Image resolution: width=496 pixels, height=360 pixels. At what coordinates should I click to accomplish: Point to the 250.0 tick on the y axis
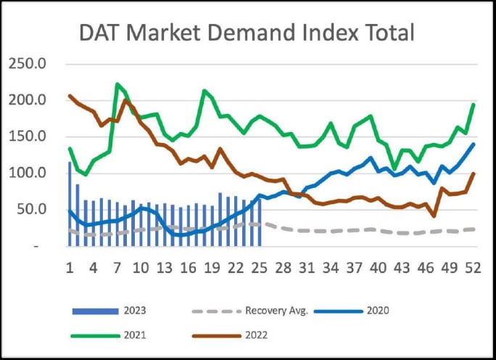click(x=28, y=64)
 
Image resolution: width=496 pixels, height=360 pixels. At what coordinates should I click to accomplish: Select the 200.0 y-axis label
click(x=28, y=100)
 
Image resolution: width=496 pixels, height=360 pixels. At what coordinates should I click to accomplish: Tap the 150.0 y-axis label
click(x=28, y=136)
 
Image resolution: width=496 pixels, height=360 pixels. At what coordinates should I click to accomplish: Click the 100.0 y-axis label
click(x=28, y=173)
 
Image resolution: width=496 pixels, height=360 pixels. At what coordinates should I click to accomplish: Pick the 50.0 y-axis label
click(x=30, y=210)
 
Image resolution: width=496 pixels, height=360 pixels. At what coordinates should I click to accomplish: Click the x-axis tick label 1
click(x=70, y=267)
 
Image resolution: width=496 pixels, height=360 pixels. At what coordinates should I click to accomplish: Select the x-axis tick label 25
click(x=259, y=267)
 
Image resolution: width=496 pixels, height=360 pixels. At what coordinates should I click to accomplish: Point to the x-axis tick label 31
click(x=307, y=267)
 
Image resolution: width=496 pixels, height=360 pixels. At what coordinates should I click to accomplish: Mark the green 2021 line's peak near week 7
click(x=117, y=84)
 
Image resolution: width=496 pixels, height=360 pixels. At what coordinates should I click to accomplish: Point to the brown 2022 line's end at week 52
click(x=474, y=173)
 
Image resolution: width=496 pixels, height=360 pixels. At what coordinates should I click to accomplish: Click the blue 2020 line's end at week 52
click(x=474, y=144)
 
